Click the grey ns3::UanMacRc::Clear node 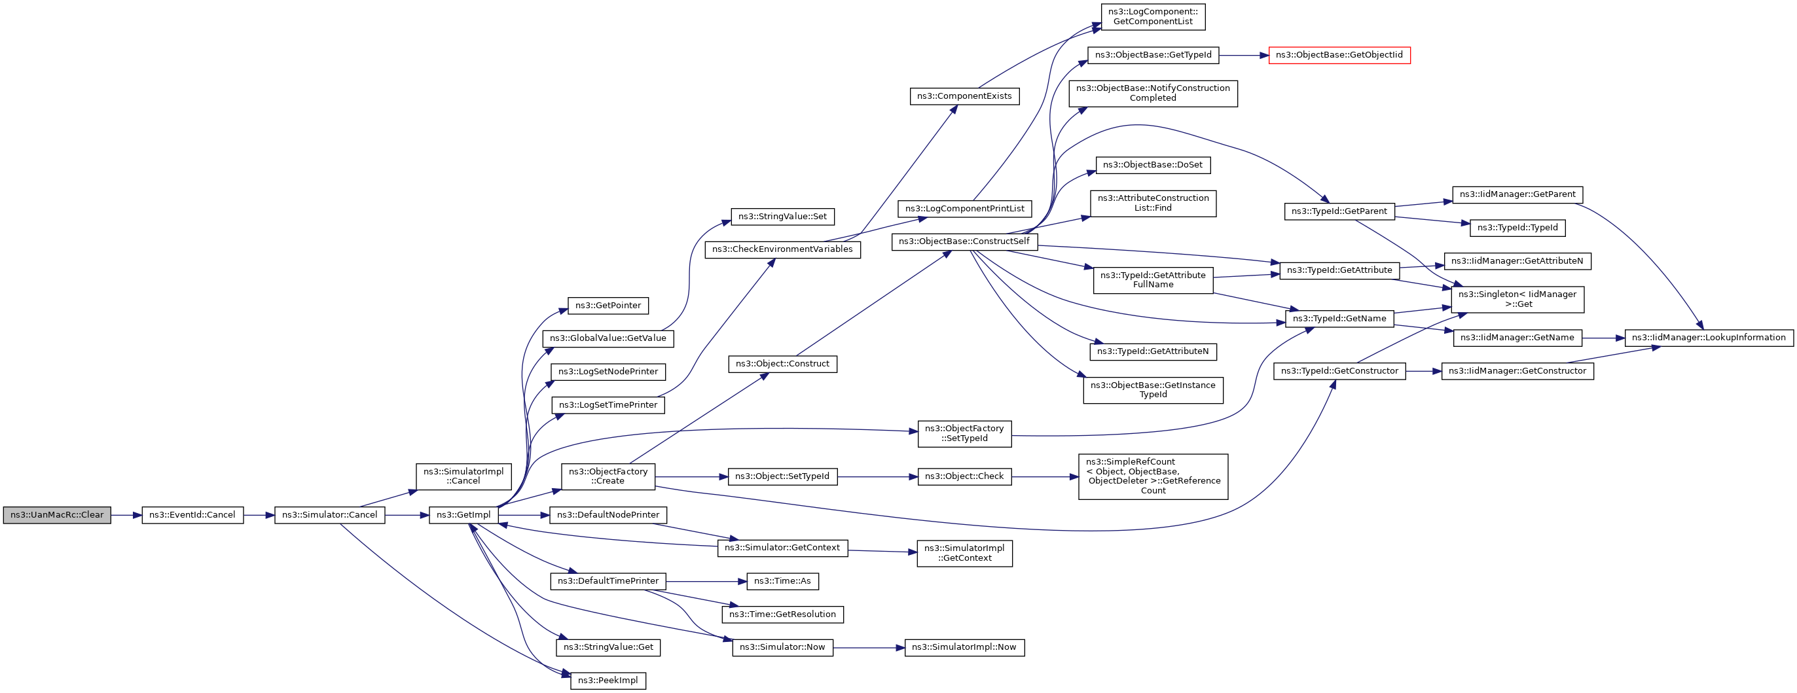coord(56,515)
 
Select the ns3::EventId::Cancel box coord(192,515)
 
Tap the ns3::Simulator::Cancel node coord(329,515)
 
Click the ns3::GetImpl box coord(463,515)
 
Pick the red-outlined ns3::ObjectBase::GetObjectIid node coord(1339,55)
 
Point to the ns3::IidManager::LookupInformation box coord(1709,338)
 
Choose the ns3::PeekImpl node coord(608,681)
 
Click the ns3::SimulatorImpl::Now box coord(964,648)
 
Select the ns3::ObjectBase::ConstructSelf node coord(964,242)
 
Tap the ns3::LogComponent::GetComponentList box coord(1152,17)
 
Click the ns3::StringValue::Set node coord(782,217)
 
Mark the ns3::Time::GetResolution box coord(782,614)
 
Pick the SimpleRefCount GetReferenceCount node coord(1152,476)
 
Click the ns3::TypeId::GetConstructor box coord(1339,371)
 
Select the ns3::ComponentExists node coord(964,96)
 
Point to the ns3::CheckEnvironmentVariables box coord(782,249)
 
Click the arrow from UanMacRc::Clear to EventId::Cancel coord(126,515)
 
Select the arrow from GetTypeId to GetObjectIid coord(1244,55)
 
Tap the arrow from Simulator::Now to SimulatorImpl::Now coord(869,648)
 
